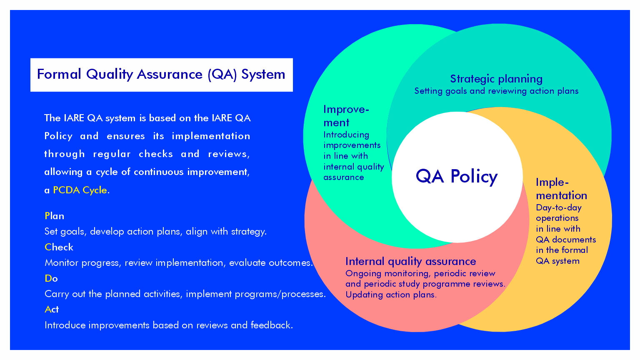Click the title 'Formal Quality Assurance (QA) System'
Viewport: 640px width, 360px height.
pos(161,75)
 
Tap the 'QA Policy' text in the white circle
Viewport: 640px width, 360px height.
pos(457,177)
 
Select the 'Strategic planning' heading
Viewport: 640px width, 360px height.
pos(496,79)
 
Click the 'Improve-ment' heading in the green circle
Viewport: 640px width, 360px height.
pos(346,116)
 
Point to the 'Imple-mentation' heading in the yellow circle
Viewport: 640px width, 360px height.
pos(561,189)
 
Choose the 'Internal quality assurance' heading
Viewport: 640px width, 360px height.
pos(410,261)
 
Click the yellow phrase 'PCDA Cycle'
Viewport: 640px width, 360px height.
pos(80,190)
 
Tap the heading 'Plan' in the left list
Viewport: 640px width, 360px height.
pos(55,216)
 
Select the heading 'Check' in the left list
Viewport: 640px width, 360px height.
pos(59,247)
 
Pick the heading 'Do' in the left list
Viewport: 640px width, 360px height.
pos(51,278)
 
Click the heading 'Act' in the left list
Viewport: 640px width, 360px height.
pos(52,309)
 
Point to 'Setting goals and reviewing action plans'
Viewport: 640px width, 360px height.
pos(496,91)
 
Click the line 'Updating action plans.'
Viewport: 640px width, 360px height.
pos(391,295)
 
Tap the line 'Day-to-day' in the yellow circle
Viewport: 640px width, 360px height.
pos(558,207)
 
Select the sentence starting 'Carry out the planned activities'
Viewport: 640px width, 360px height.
pos(185,294)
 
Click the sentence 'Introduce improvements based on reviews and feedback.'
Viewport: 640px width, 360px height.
pos(169,325)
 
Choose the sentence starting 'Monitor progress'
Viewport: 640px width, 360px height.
pos(179,262)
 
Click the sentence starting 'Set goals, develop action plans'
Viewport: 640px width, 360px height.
pos(155,231)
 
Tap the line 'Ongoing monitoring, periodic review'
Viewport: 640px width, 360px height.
pos(420,273)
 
